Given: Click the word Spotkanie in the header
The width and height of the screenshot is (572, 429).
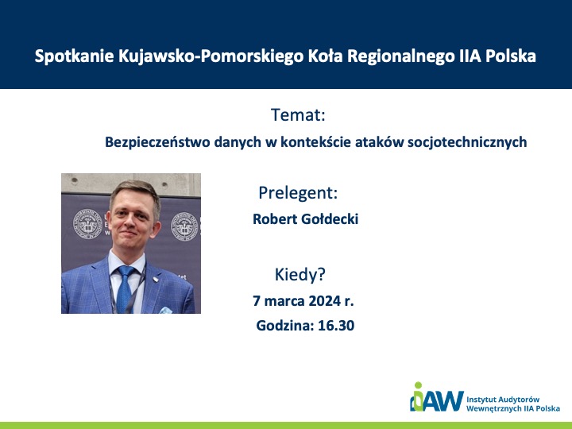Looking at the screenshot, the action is (75, 56).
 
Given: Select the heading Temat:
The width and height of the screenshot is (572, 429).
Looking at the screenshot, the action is (298, 115).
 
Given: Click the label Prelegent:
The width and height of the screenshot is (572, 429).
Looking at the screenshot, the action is (298, 192).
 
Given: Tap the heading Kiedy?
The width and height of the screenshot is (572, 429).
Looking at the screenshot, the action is (300, 274).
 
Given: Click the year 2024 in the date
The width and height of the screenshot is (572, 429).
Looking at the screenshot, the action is (324, 301).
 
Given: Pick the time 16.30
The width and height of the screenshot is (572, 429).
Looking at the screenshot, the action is (336, 326).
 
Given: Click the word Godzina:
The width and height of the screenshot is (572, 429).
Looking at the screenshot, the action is (285, 326).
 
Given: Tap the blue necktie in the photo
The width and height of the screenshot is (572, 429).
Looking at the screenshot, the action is (125, 288).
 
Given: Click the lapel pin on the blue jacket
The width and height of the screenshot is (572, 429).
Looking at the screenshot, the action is (156, 280).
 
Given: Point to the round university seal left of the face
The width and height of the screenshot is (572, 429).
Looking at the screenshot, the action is (87, 223).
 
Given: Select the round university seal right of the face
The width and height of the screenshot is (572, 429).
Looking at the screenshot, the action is (185, 226).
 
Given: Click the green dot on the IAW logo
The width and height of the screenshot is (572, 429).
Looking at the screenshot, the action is (418, 385).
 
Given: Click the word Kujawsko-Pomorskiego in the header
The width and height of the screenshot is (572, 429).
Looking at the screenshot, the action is (211, 57).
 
